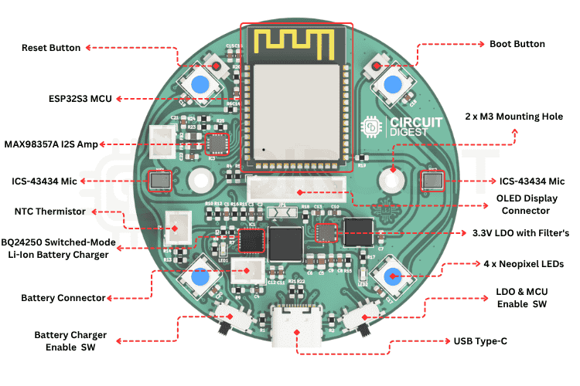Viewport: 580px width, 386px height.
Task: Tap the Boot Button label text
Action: point(517,44)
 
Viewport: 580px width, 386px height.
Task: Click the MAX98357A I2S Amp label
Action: point(51,144)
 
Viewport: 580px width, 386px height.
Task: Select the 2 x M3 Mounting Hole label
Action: point(513,117)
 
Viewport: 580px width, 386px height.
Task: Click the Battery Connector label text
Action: point(63,297)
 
